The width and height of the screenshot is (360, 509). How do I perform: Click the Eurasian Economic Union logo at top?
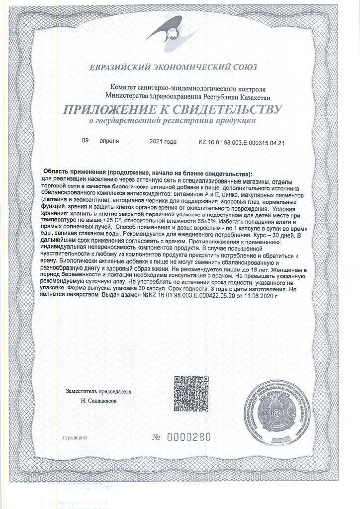[x=179, y=32]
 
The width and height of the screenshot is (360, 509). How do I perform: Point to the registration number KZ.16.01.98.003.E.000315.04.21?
[x=241, y=142]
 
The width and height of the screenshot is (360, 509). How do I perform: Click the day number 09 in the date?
[x=85, y=141]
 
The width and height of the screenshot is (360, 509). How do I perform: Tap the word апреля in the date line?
[x=109, y=141]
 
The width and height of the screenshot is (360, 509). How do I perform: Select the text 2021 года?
[x=163, y=142]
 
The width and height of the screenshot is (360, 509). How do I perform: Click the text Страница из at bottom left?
[x=75, y=439]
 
